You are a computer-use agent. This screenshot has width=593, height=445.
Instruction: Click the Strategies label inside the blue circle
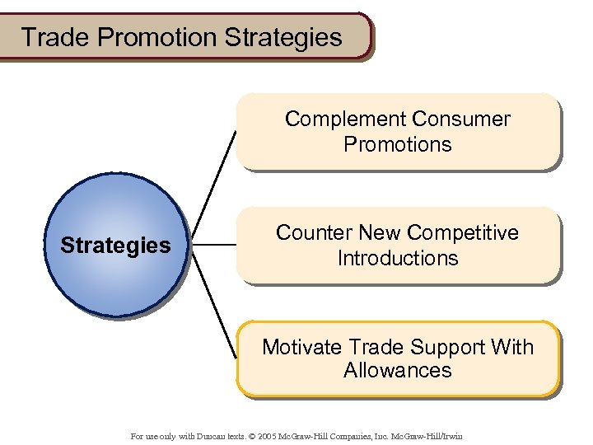[116, 246]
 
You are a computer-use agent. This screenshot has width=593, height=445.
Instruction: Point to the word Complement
[346, 119]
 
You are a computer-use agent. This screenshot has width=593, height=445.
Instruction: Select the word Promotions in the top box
[398, 144]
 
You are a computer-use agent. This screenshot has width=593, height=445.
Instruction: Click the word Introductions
[398, 258]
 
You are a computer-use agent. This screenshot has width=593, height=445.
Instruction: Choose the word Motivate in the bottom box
[302, 347]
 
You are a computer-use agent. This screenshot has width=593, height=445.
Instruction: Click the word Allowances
[398, 370]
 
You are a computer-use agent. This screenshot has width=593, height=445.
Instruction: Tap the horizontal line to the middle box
[213, 245]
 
